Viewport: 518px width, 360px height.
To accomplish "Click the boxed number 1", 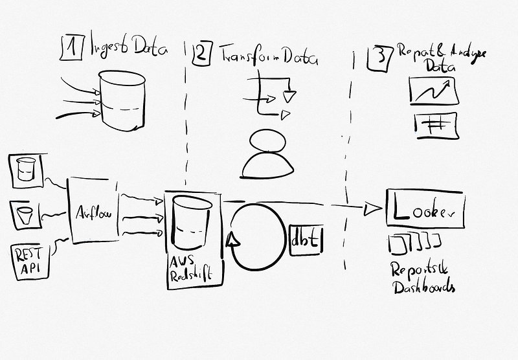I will (x=72, y=47).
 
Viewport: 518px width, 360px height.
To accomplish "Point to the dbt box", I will (x=305, y=239).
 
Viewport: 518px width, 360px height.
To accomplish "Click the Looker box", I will (x=425, y=209).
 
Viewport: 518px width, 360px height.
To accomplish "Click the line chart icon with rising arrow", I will (x=434, y=91).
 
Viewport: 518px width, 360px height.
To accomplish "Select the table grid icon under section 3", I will (x=434, y=125).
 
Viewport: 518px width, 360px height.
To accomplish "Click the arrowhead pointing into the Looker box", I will (x=372, y=208).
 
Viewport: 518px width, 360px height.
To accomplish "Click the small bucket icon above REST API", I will (x=25, y=212).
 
